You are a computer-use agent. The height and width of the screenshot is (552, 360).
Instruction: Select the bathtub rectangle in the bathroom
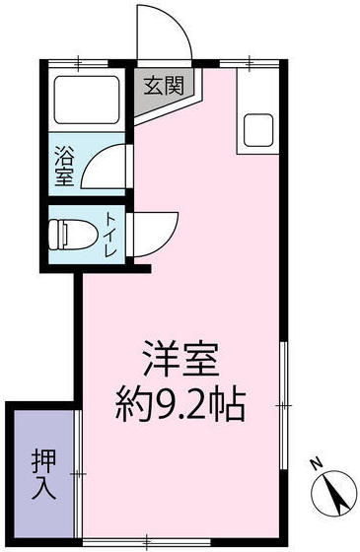[85, 102]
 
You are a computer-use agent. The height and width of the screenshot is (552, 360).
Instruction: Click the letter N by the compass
[316, 461]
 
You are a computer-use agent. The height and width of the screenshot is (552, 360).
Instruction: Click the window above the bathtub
[83, 63]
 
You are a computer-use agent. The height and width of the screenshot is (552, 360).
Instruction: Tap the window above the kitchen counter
[252, 63]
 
